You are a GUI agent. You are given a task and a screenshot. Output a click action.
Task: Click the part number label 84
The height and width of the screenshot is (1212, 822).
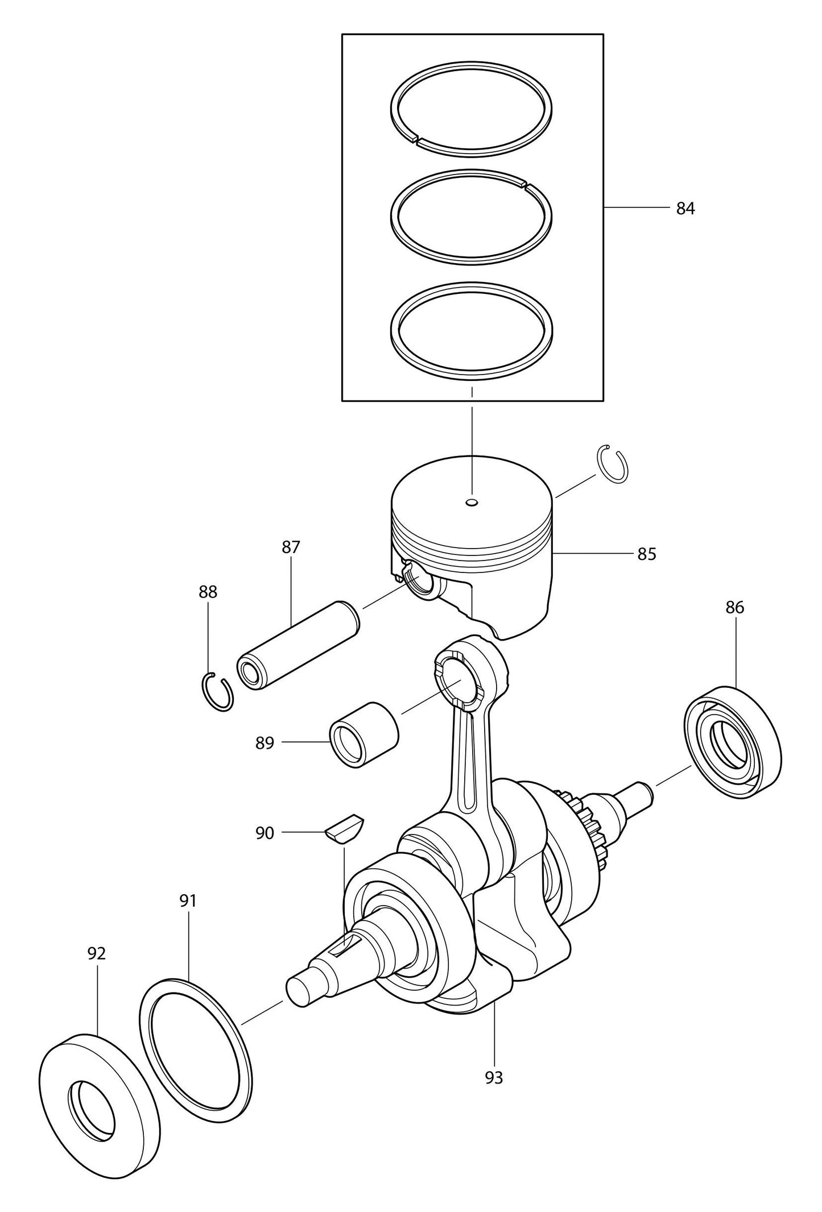point(685,209)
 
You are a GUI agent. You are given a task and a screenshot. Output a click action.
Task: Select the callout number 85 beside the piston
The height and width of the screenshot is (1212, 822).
point(646,554)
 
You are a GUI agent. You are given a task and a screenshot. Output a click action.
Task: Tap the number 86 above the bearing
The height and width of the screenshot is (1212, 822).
point(734,608)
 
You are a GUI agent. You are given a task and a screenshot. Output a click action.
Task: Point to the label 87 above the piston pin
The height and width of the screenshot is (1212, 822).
point(290,547)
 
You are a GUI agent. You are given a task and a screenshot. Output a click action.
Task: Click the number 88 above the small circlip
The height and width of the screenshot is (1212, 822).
point(208,592)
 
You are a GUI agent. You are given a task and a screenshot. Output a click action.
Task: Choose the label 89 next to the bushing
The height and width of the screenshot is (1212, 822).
point(265,743)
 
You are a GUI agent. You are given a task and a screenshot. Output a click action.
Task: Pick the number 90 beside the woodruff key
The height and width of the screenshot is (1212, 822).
point(265,833)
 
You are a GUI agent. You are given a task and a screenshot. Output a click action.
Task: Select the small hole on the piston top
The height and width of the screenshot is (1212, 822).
point(472,503)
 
